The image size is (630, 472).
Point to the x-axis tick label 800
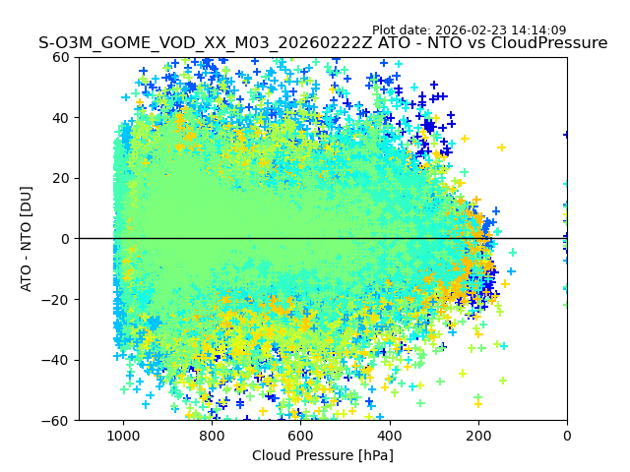212,436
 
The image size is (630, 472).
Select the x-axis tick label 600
300,436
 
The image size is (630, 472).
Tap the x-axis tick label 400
389,436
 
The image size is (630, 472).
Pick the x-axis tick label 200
477,436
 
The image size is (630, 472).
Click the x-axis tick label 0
567,436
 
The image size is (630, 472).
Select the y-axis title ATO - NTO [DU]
28,239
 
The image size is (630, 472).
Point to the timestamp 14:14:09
537,30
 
